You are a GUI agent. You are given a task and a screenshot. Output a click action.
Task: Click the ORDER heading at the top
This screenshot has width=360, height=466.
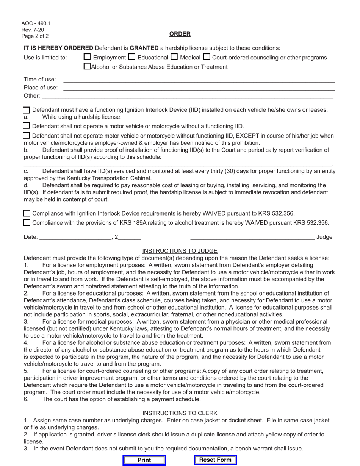tap(180, 34)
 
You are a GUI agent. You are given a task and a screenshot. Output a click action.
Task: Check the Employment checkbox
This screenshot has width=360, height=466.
tap(87, 57)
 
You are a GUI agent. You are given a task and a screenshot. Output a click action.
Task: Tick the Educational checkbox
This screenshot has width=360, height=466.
tap(132, 57)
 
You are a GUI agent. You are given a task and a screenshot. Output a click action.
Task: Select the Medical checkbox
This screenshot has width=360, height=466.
tap(174, 57)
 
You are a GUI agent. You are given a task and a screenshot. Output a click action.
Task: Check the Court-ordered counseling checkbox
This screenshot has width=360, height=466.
tap(207, 57)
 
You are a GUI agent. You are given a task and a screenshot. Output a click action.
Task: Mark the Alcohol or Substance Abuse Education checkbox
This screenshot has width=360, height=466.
tap(87, 67)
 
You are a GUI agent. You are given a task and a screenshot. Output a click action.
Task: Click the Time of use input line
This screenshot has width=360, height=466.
tap(199, 80)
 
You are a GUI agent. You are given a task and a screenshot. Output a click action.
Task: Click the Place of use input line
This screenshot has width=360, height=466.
tap(199, 88)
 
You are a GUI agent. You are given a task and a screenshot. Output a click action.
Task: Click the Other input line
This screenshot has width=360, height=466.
tap(188, 96)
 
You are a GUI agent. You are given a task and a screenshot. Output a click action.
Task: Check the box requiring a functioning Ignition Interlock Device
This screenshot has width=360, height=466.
tap(27, 110)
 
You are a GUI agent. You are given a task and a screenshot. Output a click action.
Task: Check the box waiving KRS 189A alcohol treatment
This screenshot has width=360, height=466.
tap(27, 223)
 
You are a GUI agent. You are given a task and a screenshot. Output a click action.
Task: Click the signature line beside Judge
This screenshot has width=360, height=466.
tap(252, 237)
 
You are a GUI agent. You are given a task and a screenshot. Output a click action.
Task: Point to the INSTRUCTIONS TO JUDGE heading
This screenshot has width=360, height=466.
tap(180, 251)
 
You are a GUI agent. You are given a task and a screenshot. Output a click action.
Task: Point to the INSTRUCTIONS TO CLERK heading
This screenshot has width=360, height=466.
tap(180, 413)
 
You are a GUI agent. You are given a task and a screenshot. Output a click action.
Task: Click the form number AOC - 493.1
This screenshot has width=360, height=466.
tap(36, 23)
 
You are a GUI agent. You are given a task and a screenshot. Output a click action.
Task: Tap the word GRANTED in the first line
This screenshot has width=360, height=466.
tap(144, 48)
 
